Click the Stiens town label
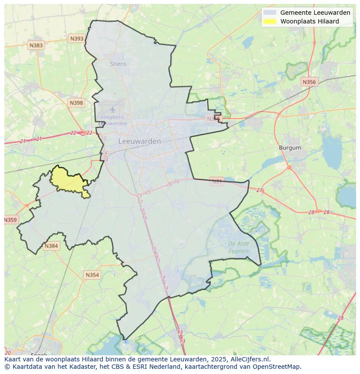click(x=118, y=64)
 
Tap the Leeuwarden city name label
click(x=140, y=141)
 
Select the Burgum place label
click(x=290, y=148)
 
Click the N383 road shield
click(x=36, y=45)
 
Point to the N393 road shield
click(x=77, y=39)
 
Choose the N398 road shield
click(x=76, y=103)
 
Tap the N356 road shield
click(x=309, y=82)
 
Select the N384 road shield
click(x=51, y=246)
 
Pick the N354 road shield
click(x=92, y=275)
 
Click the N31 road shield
click(x=217, y=181)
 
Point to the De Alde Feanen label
click(x=239, y=247)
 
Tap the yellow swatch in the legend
click(x=270, y=21)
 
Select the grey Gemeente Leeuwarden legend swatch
click(x=270, y=13)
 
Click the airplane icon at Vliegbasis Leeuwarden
click(x=113, y=109)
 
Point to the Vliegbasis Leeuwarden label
click(x=113, y=120)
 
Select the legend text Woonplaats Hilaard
click(x=310, y=21)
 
